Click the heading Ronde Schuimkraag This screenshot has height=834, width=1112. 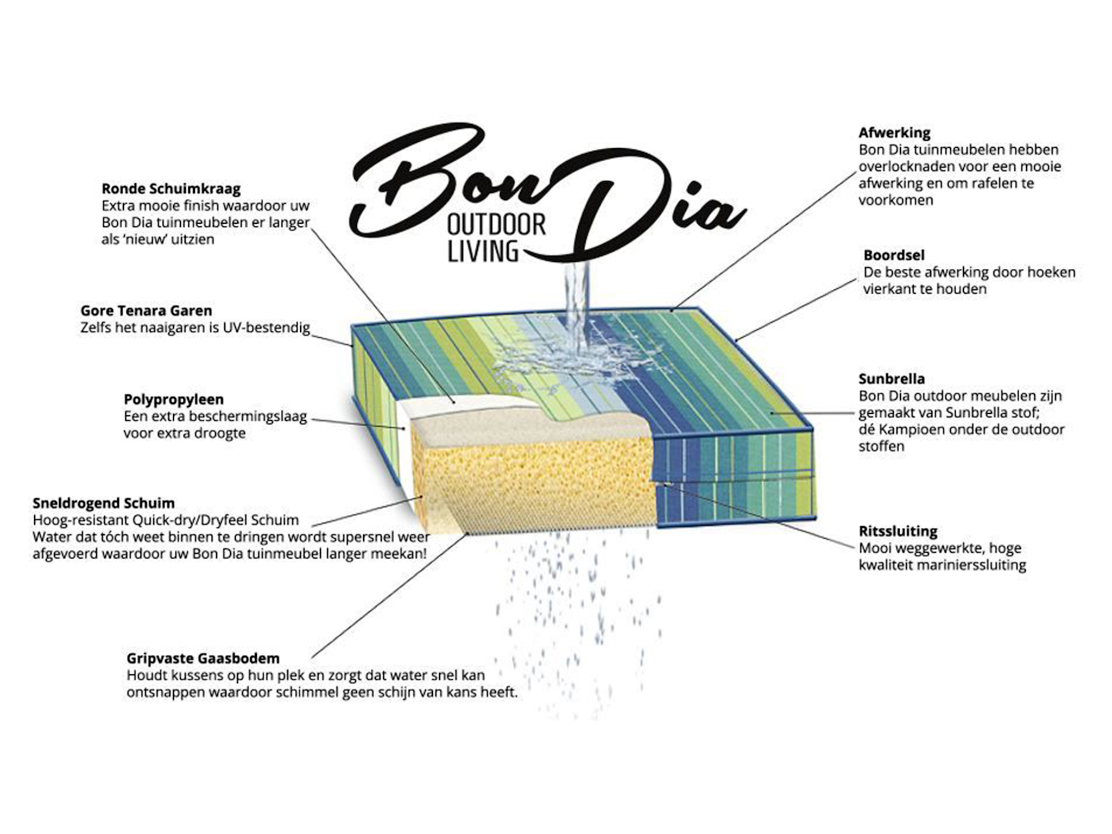[x=171, y=189]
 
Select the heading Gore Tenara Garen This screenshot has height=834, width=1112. [x=146, y=311]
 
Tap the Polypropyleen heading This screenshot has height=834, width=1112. [x=174, y=400]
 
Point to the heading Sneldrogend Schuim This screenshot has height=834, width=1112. [x=104, y=503]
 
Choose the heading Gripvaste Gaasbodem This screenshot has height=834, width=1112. [x=203, y=659]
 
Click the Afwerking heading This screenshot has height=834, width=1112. [x=894, y=132]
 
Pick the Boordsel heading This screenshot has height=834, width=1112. [x=894, y=255]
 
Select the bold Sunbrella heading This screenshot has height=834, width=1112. [x=892, y=379]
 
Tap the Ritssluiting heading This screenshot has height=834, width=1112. [x=898, y=531]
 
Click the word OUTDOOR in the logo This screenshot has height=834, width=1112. [x=496, y=225]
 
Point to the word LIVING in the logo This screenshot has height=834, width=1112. [x=482, y=251]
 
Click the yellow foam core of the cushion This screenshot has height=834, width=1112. [x=532, y=478]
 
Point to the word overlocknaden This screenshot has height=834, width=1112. [x=912, y=167]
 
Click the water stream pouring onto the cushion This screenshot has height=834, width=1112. [x=577, y=299]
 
